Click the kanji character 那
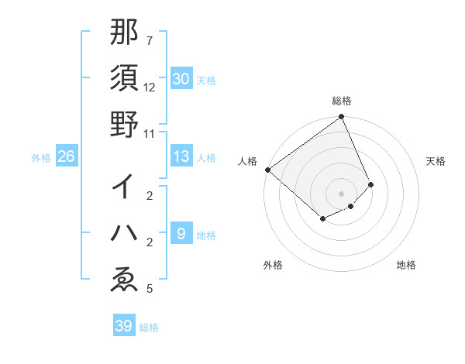coord(124,33)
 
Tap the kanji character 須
coord(124,79)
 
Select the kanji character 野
coord(124,125)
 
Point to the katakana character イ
coord(124,186)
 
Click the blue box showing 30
coord(181,79)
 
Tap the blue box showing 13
coord(181,157)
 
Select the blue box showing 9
coord(181,234)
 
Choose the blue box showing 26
coord(67,157)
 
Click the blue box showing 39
coord(124,326)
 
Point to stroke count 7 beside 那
coord(150,40)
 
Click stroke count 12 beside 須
coord(150,87)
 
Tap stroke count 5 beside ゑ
coord(150,290)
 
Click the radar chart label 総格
coord(341,101)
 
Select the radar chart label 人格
coord(248,160)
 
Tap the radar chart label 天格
coord(436,160)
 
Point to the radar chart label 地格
coord(406,265)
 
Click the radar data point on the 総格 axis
coord(341,118)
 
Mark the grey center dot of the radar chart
coord(341,193)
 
